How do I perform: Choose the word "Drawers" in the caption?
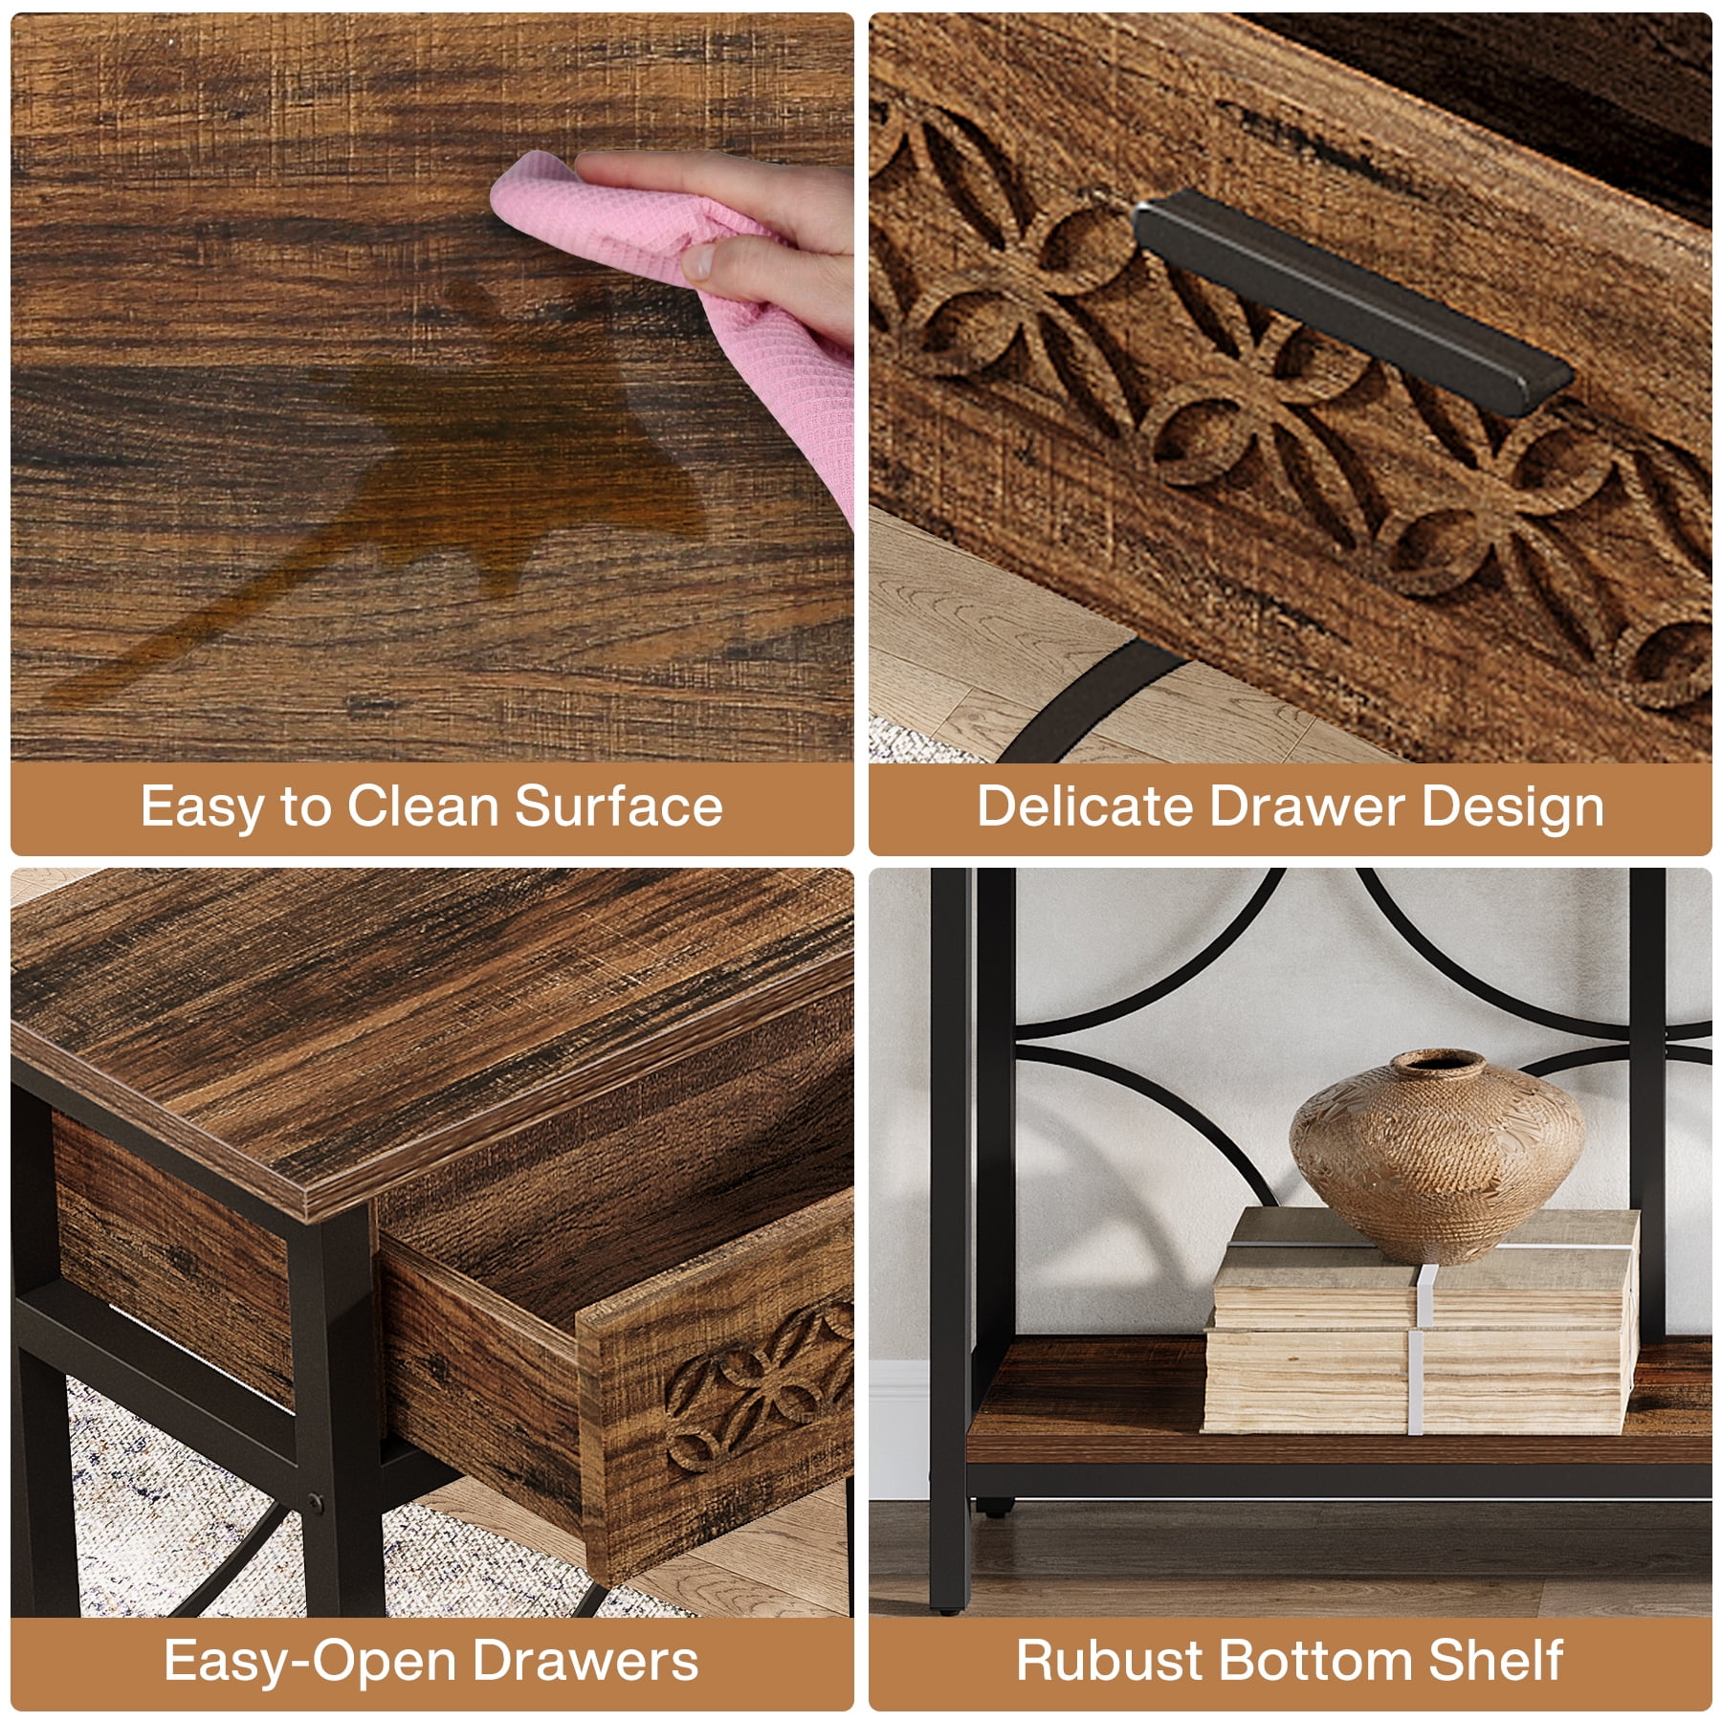[585, 1660]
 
